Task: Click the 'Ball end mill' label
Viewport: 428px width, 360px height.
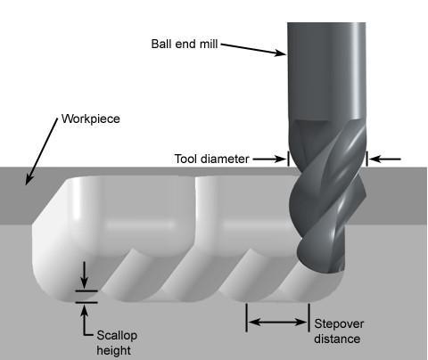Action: click(185, 44)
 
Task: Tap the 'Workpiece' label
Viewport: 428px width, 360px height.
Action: click(91, 119)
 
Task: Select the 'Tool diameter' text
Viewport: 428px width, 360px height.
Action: click(211, 159)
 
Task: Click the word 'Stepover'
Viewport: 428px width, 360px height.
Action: click(339, 324)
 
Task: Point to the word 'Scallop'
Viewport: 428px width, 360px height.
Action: click(117, 336)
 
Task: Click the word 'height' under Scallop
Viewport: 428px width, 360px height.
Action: click(113, 350)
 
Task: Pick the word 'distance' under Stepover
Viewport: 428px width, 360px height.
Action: click(337, 339)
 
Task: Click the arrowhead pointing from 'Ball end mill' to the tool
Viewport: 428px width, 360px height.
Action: click(280, 53)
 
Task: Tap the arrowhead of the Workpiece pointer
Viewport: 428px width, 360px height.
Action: click(29, 179)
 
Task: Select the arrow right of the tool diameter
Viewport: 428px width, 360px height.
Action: click(385, 160)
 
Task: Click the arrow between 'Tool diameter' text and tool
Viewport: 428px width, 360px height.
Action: click(269, 159)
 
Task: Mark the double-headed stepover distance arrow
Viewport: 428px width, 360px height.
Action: click(278, 322)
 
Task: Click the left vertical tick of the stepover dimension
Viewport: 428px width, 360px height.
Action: click(246, 317)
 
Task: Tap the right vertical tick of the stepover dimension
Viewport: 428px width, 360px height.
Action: click(309, 317)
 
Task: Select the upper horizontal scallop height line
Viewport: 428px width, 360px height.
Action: click(86, 291)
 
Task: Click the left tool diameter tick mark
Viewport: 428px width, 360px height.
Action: click(288, 159)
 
